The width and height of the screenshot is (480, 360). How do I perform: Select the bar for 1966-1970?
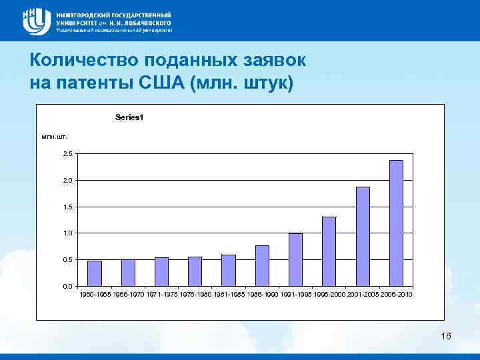click(x=128, y=273)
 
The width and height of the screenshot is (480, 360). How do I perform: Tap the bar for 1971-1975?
click(x=161, y=271)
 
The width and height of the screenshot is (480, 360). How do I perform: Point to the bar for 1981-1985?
click(x=229, y=270)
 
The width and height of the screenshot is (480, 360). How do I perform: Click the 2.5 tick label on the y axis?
click(x=68, y=154)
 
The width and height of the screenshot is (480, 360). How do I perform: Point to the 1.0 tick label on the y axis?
click(x=68, y=233)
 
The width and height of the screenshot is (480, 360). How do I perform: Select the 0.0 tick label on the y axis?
click(x=68, y=286)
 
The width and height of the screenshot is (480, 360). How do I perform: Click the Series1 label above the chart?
click(x=129, y=117)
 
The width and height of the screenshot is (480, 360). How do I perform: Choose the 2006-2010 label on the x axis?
click(x=397, y=294)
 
